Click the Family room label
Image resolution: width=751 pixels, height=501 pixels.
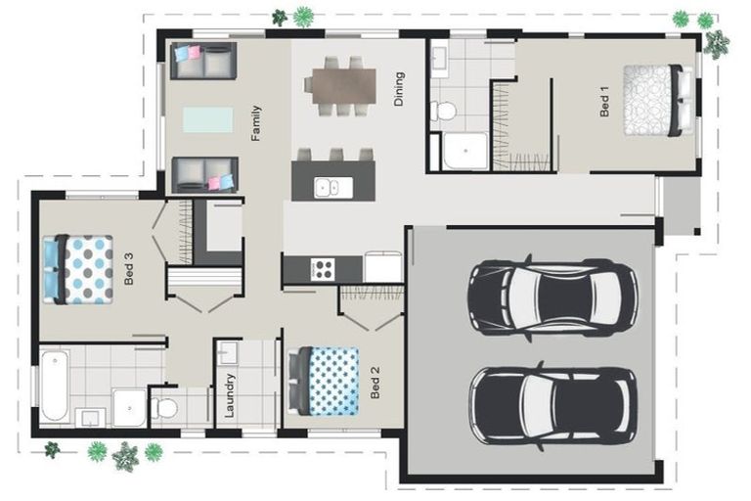[256, 123]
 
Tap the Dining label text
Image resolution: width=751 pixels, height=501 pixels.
[398, 89]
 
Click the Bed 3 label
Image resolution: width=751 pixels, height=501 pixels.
[129, 269]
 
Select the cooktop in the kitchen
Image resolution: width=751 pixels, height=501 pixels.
[322, 268]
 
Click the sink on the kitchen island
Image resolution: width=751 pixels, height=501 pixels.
[327, 186]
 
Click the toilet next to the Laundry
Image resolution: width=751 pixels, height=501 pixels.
[167, 405]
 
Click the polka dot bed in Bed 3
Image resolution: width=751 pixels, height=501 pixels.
[82, 268]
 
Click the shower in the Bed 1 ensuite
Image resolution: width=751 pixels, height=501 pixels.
[465, 150]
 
